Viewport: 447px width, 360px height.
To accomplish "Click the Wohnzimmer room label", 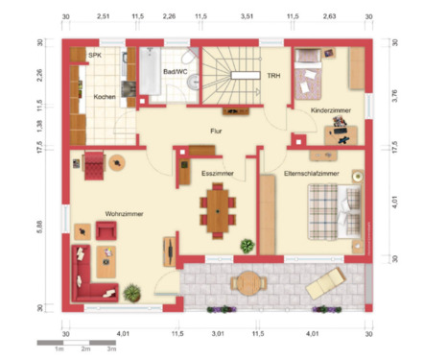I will coord(124,213).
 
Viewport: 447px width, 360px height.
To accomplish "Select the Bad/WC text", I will coord(175,71).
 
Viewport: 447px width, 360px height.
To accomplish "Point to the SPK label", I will coord(94,56).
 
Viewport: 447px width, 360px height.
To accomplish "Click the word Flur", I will coord(217,131).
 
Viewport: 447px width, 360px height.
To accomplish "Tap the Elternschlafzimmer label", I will coord(313,172).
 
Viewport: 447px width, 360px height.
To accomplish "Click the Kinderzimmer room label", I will coord(330,111).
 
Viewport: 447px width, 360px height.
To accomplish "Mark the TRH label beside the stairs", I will coord(273,76).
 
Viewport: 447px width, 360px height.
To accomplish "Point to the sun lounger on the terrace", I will coord(324,282).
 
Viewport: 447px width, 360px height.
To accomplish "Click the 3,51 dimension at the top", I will coord(247,16).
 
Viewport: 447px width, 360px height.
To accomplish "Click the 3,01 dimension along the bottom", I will coord(218,333).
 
